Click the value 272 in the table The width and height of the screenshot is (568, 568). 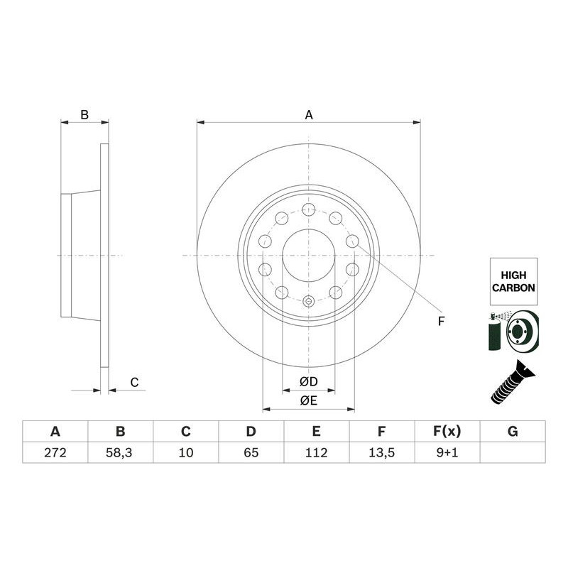pos(55,452)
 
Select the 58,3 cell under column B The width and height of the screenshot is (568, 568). pos(120,452)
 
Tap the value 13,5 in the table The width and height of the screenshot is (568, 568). pos(381,452)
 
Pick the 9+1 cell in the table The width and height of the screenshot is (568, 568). pos(447,452)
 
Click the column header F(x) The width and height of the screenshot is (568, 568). pos(447,431)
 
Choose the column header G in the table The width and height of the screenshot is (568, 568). pos(513,431)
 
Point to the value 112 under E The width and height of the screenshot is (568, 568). pos(316,452)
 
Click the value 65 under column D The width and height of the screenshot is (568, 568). pos(251,452)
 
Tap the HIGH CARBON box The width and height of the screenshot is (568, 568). pos(513,281)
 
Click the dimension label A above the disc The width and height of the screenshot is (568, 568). pos(309,114)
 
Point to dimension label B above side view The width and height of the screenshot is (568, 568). pos(84,114)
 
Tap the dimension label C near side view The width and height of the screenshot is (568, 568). pos(133,383)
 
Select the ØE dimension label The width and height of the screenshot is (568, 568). pos(308,401)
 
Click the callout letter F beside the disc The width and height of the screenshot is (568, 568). pos(441,322)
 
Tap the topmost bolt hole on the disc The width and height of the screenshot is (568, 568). pos(308,209)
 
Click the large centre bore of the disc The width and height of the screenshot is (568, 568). pos(308,256)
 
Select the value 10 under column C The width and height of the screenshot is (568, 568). pos(185,452)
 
